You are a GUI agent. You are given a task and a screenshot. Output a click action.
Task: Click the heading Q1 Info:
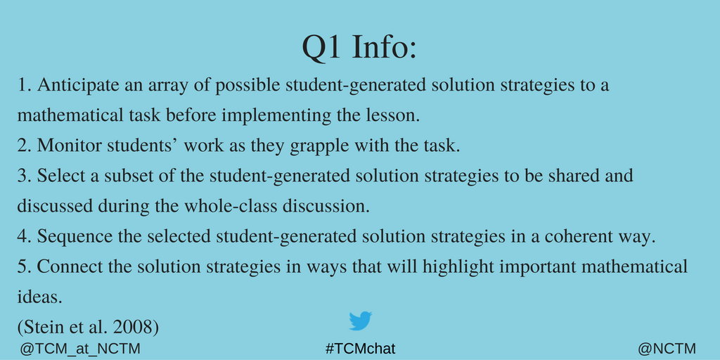[x=359, y=48]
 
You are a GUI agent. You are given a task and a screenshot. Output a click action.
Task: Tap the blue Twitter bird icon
[x=361, y=321]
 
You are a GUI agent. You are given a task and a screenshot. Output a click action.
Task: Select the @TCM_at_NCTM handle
[x=80, y=349]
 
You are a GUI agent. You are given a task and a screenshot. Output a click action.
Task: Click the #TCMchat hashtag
[x=361, y=349]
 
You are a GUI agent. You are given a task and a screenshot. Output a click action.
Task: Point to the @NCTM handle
[x=667, y=349]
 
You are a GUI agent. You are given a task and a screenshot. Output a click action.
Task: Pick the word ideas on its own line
[x=39, y=297]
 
